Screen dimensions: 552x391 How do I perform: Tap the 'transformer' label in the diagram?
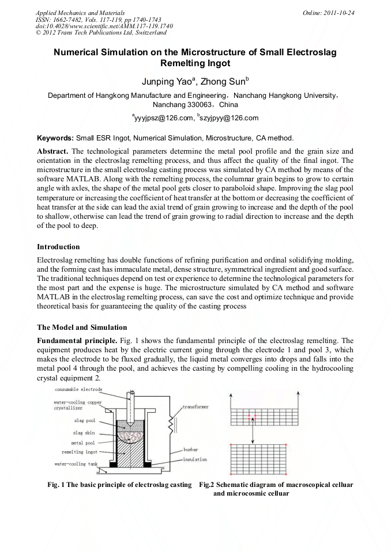pos(196,407)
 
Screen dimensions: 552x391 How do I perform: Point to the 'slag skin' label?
pos(84,432)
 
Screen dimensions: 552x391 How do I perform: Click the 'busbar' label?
pos(191,448)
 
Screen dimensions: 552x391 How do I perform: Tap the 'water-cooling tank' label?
pos(77,463)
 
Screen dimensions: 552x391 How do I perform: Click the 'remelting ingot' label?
pos(80,452)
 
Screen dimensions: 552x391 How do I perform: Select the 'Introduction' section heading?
pos(59,247)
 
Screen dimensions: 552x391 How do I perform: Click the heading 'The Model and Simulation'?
pos(82,328)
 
